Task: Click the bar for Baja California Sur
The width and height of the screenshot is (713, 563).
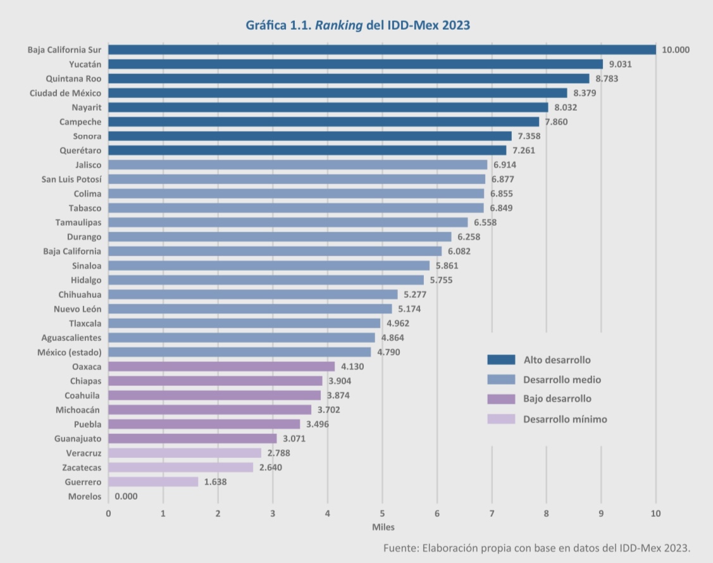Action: coord(382,50)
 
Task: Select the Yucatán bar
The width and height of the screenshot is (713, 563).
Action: coord(356,64)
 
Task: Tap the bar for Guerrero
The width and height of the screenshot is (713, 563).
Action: coord(153,482)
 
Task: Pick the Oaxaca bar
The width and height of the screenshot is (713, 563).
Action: coord(221,366)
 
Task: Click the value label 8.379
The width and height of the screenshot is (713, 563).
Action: coord(585,93)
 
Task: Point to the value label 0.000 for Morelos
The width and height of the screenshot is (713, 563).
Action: coord(127,497)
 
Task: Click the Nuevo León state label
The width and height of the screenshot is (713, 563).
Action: coord(77,309)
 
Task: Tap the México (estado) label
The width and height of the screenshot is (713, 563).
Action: coord(70,352)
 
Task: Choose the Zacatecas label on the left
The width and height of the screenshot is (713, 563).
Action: coord(82,467)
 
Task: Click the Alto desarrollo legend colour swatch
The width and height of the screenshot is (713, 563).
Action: coord(501,360)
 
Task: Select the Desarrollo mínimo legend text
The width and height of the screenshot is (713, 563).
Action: coord(565,419)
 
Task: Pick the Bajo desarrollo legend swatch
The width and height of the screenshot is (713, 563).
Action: coord(501,399)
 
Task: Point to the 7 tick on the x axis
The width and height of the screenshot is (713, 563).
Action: coord(492,513)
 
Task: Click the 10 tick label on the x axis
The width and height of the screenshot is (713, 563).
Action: coord(655,513)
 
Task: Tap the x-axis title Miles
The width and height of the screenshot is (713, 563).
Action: coord(383,526)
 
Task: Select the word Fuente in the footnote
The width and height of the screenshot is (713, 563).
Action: coord(400,548)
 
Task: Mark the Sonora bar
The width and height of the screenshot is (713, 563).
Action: coord(310,136)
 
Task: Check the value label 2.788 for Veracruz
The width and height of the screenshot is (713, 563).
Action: coord(278,453)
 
